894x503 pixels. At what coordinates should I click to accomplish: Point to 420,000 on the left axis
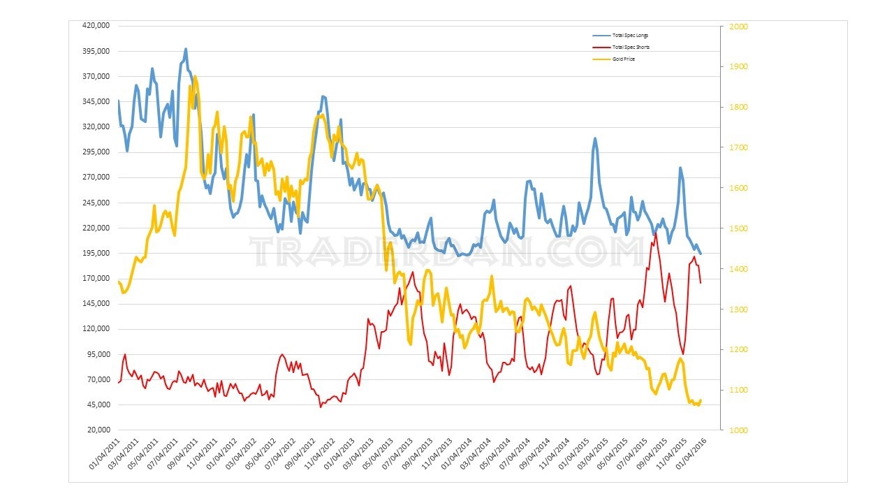pyautogui.click(x=97, y=26)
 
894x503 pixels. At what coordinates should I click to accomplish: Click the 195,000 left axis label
pyautogui.click(x=97, y=253)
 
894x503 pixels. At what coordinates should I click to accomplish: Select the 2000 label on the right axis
pyautogui.click(x=738, y=27)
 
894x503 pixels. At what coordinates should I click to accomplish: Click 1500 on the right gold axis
pyautogui.click(x=738, y=228)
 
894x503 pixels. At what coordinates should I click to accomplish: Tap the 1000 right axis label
pyautogui.click(x=738, y=430)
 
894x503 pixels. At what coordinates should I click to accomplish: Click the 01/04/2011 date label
pyautogui.click(x=105, y=455)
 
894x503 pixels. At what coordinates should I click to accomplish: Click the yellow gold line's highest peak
pyautogui.click(x=195, y=76)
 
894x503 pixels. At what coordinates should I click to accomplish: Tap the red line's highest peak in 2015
pyautogui.click(x=655, y=232)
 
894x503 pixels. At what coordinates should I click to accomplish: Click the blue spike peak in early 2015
pyautogui.click(x=595, y=138)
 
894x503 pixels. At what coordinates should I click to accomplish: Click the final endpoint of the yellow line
pyautogui.click(x=701, y=400)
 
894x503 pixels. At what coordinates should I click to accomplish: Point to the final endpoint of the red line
pyautogui.click(x=701, y=282)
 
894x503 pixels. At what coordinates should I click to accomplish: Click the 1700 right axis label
pyautogui.click(x=738, y=147)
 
